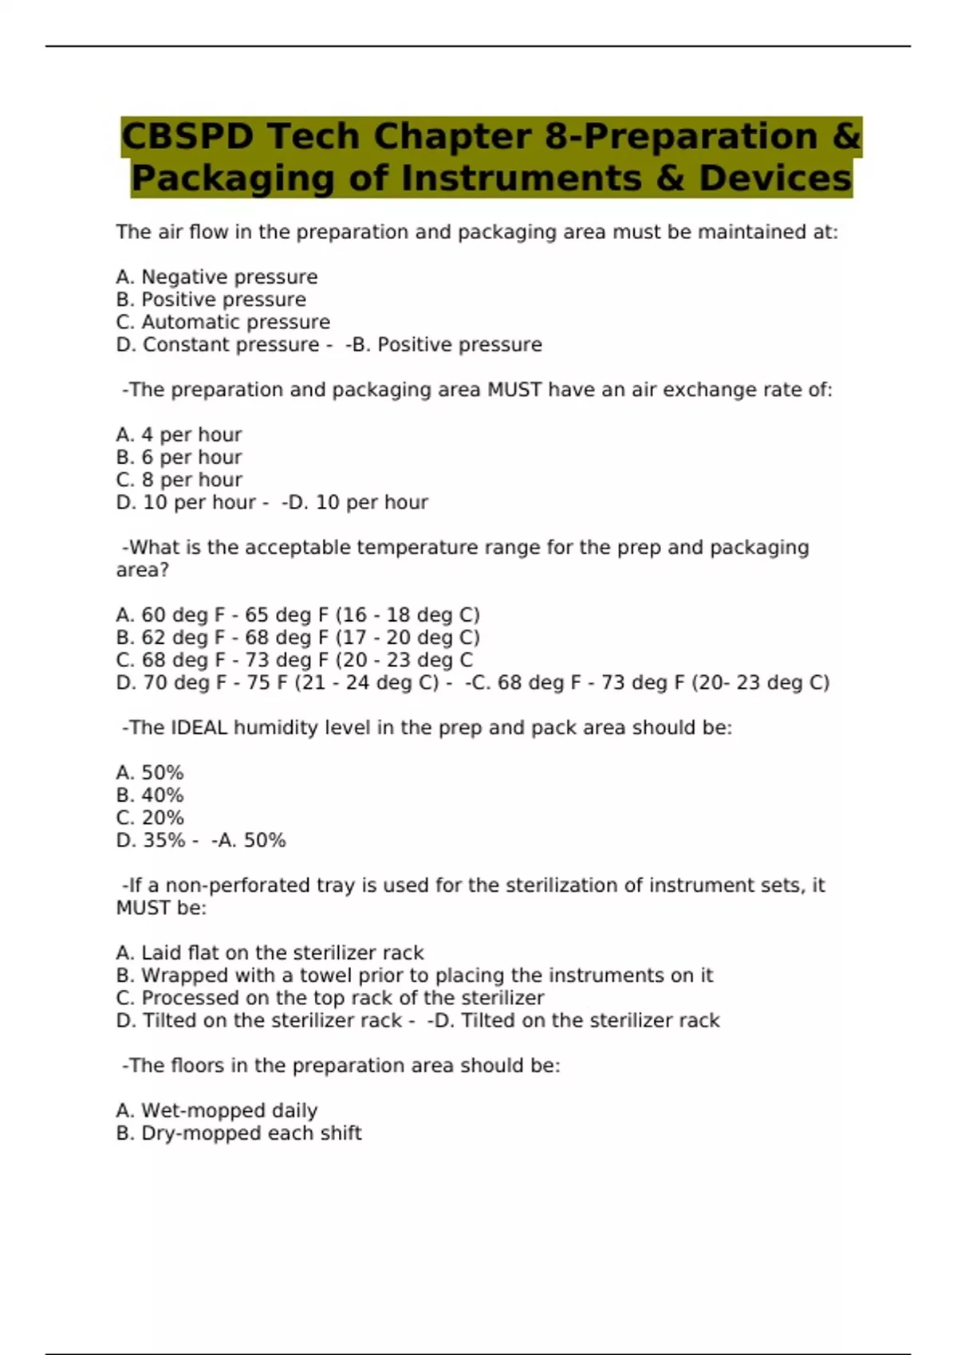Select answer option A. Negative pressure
[x=216, y=277]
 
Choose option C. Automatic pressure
[x=223, y=322]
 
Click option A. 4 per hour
[x=179, y=435]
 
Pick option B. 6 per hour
[x=179, y=458]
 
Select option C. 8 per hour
[x=179, y=480]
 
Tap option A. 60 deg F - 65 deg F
[x=297, y=615]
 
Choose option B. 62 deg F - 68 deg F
[x=297, y=638]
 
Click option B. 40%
[x=150, y=795]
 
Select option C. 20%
[x=150, y=818]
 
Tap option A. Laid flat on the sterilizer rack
[x=270, y=953]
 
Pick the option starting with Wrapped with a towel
[x=414, y=976]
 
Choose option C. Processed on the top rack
[x=329, y=998]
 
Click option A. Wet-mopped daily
[x=216, y=1111]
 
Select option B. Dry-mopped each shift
[x=238, y=1133]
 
